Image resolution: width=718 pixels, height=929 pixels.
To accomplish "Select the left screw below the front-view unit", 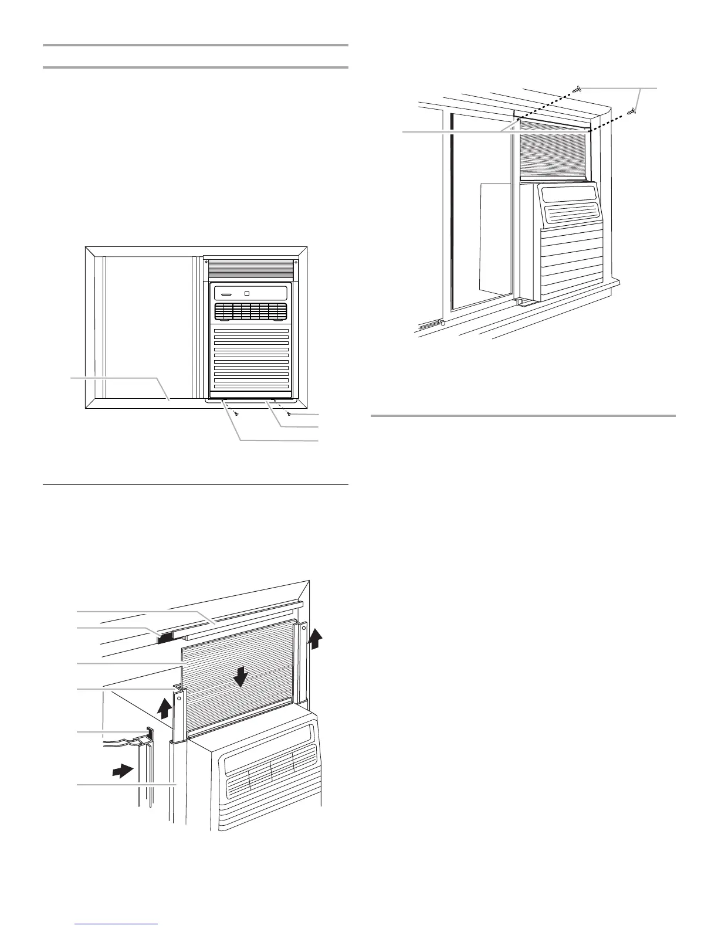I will (x=236, y=414).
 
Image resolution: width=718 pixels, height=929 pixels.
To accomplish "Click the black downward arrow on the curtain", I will (x=240, y=679).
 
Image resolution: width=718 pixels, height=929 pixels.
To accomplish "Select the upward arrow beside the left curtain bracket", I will (x=165, y=708).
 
